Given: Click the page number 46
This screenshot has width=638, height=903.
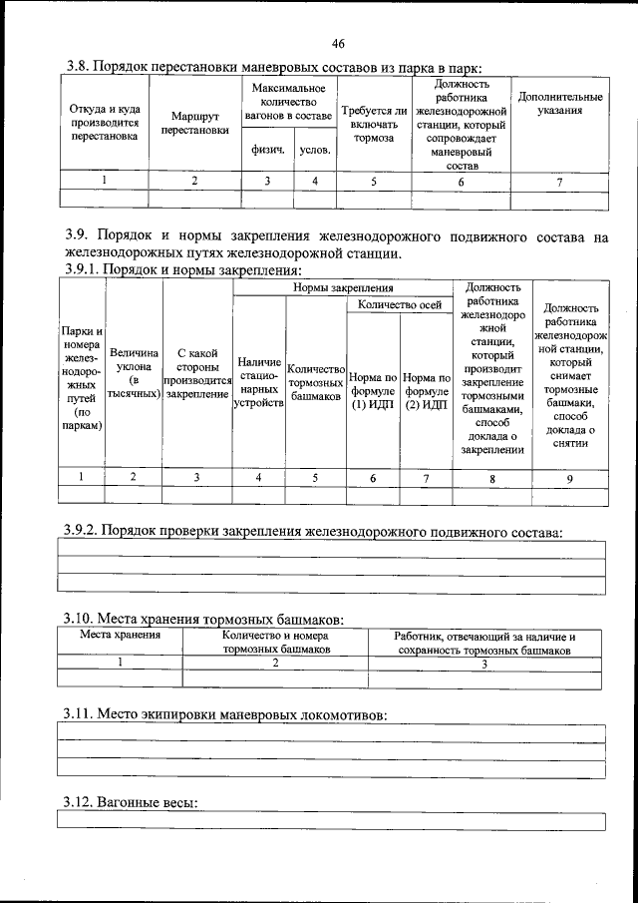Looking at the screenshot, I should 338,44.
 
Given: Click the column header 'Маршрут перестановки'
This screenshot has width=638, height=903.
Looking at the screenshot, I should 194,124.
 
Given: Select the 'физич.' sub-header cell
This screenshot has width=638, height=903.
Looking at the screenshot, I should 267,151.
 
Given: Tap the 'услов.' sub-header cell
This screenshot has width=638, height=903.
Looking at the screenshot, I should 315,151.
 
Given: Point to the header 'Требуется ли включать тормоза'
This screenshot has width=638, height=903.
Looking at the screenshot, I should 374,124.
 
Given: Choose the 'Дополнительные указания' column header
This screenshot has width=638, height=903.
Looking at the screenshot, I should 558,104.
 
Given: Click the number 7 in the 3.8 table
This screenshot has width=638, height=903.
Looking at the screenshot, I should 559,182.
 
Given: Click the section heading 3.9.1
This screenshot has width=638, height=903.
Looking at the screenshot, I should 182,270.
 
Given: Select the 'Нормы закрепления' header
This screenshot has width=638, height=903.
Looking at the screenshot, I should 343,287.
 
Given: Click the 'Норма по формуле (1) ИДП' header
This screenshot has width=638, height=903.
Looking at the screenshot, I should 373,391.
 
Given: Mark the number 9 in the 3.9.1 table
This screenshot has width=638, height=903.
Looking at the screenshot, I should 569,478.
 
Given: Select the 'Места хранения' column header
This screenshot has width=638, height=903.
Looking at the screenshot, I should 120,636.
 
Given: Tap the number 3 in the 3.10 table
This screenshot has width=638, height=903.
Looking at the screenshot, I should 484,663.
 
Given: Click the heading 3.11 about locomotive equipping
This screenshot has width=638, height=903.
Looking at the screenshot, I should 224,714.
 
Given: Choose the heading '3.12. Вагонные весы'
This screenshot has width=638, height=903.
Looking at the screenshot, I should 130,802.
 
